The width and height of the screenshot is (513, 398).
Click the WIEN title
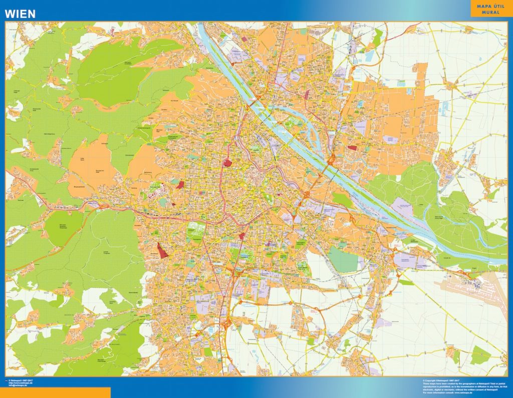pos(20,14)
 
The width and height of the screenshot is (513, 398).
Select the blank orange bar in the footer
pos(55,392)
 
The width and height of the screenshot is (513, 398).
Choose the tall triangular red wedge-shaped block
pos(162,250)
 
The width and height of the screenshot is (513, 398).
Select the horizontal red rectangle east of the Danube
pos(352,148)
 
